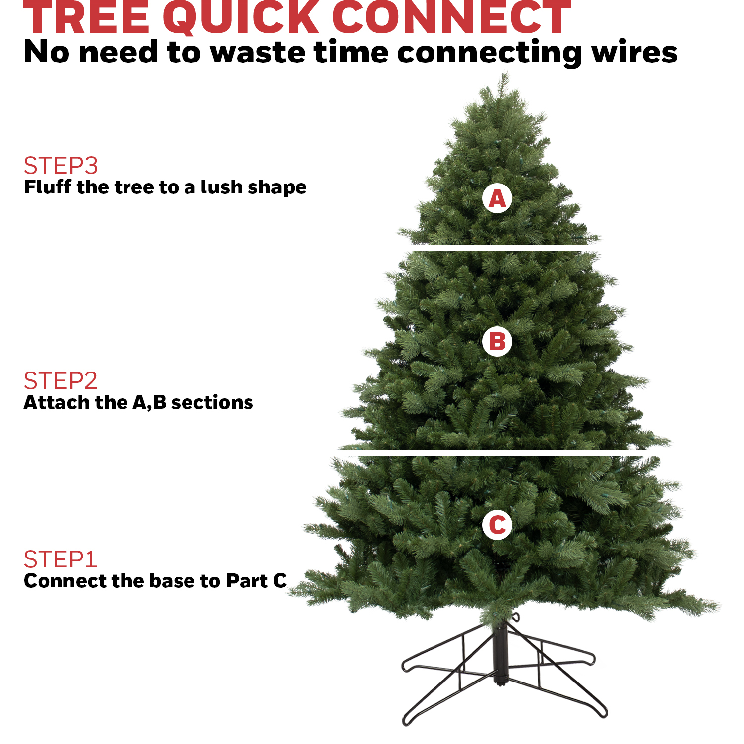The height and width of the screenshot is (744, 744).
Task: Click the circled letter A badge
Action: (497, 198)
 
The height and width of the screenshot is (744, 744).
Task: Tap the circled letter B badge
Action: (497, 342)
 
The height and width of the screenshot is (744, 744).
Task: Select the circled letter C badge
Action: (497, 525)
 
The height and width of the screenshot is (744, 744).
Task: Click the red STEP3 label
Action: (61, 166)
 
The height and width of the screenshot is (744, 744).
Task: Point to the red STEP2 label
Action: (61, 381)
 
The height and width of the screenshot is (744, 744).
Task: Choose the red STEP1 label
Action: (60, 559)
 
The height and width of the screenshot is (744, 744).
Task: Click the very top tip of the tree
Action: (505, 74)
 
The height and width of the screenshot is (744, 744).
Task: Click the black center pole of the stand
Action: (500, 655)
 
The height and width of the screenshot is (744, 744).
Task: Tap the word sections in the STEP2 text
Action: (212, 402)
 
